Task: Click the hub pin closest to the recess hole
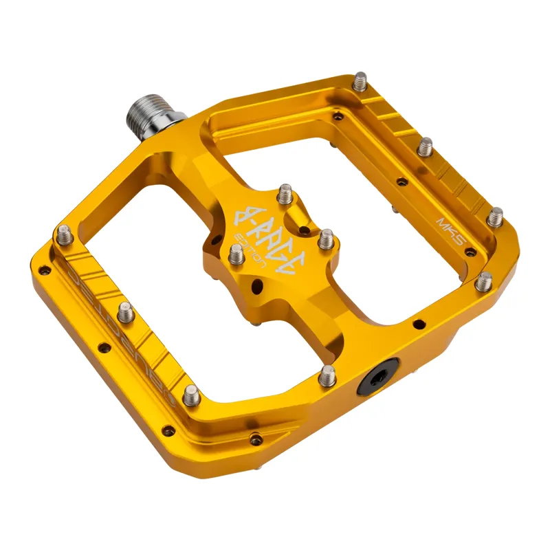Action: pos(324,239)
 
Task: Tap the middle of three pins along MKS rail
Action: pos(426,146)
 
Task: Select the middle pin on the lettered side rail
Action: pos(125,313)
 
